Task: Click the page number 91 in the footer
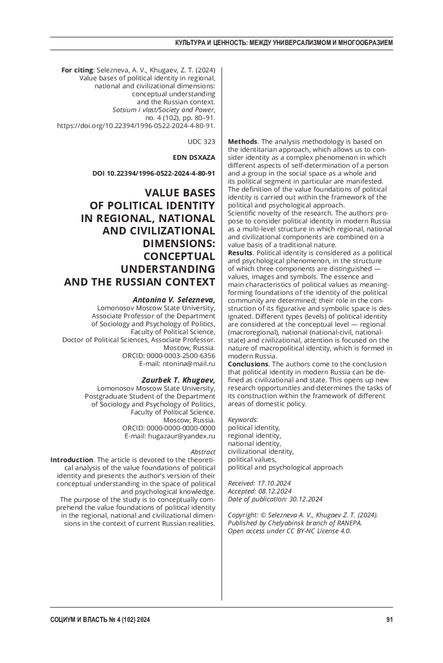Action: (389, 620)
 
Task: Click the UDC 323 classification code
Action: (201, 142)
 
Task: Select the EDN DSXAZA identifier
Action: (194, 158)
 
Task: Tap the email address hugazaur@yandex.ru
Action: (181, 436)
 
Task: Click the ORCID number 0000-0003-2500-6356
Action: (181, 356)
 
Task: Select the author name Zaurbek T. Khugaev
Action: (178, 380)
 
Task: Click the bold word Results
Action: (240, 253)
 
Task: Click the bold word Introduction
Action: (72, 460)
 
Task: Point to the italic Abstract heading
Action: (203, 452)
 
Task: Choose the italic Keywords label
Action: (242, 419)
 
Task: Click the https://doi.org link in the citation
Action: (136, 126)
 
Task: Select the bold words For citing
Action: (77, 70)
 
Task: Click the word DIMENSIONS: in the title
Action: (179, 244)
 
